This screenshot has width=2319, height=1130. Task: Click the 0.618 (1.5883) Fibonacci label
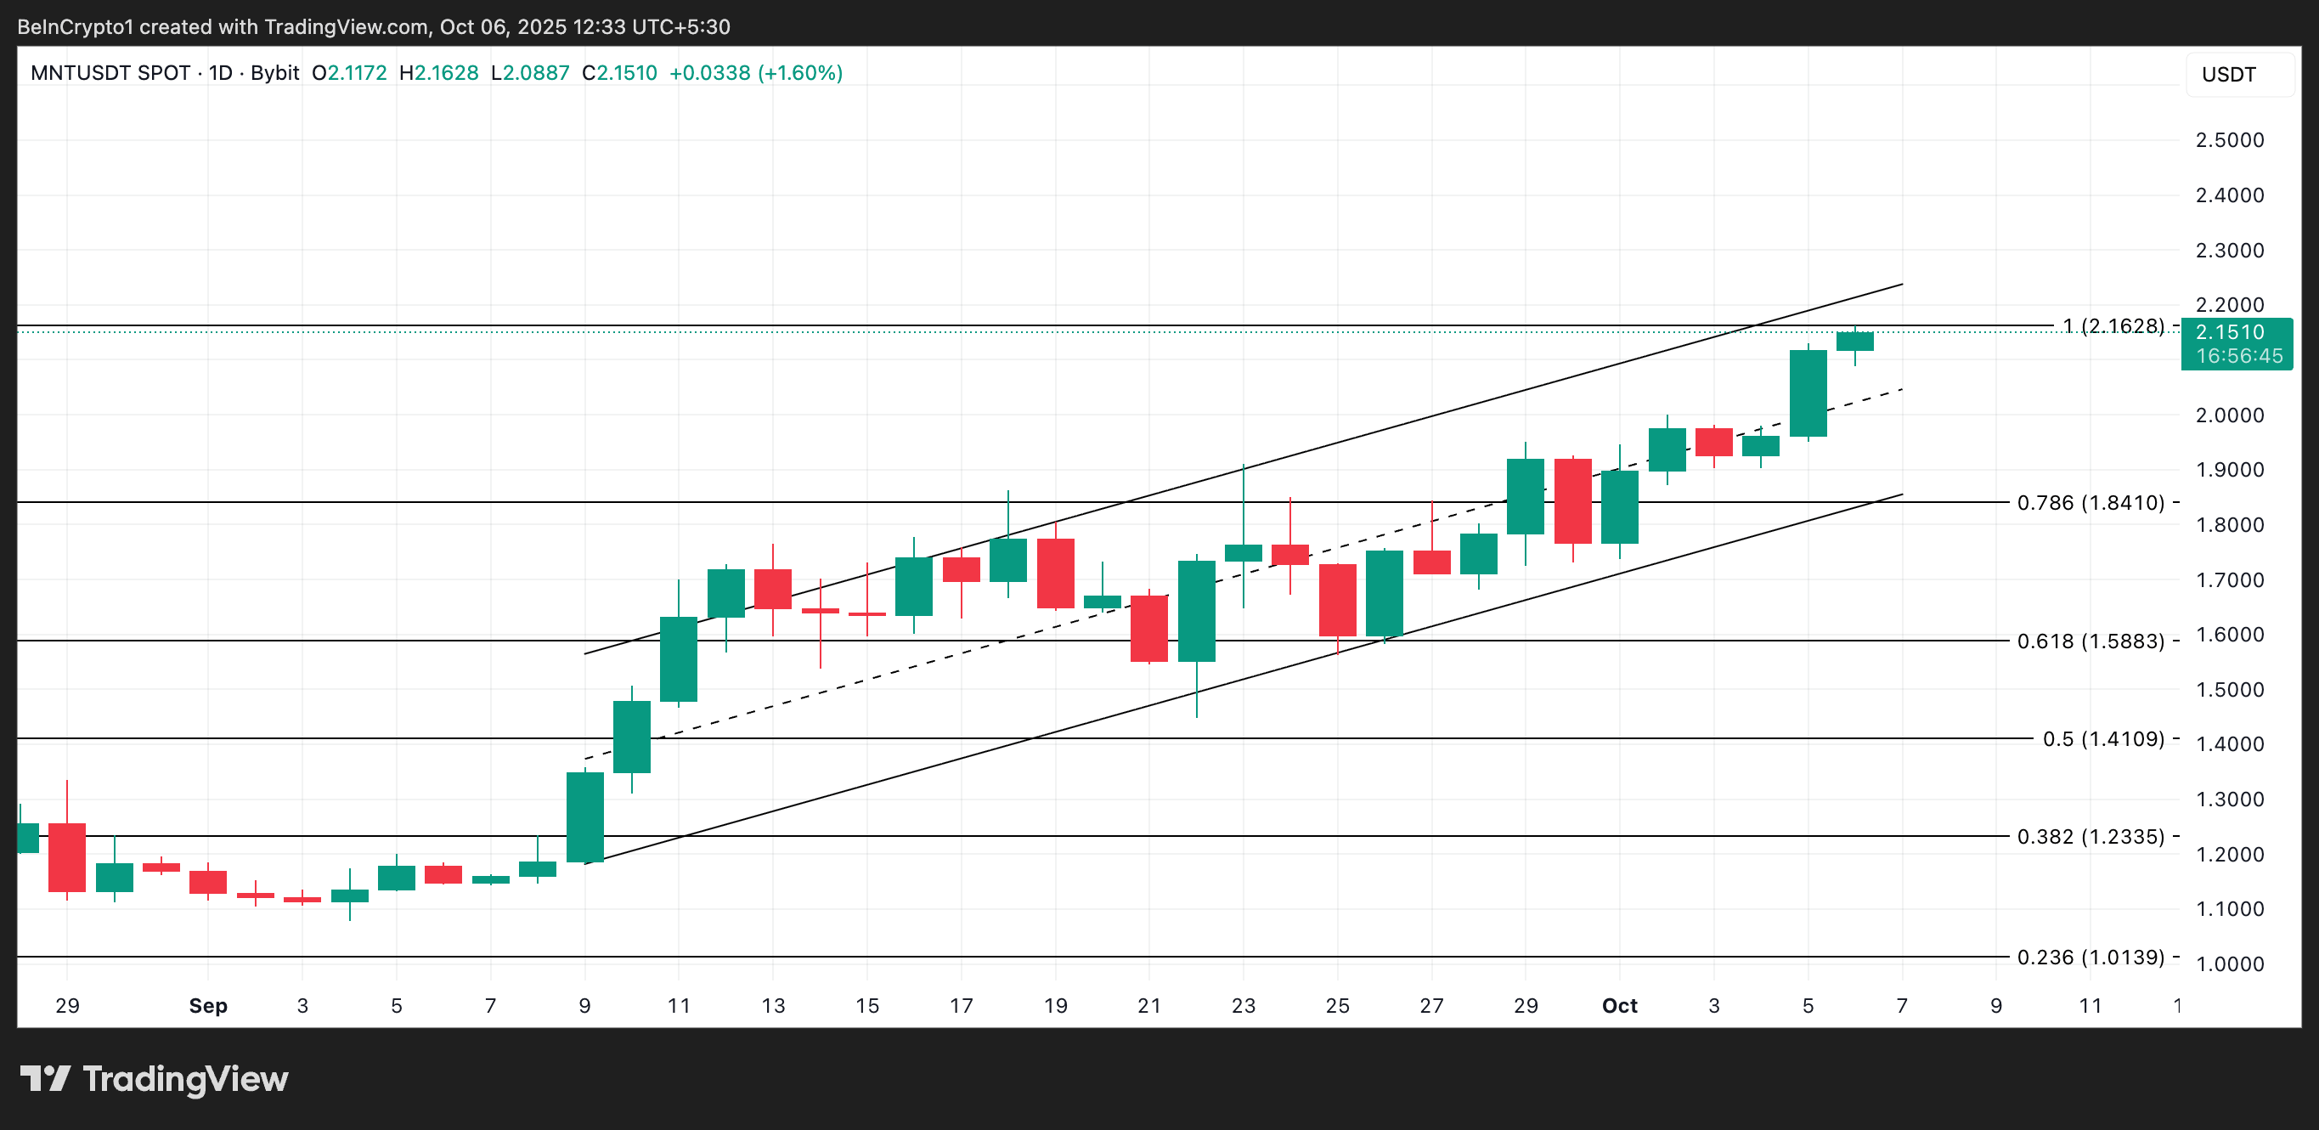tap(2090, 641)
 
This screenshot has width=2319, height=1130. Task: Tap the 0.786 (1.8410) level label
tap(2090, 502)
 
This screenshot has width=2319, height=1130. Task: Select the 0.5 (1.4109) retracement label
tap(2102, 739)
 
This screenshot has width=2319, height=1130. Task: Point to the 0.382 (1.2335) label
tap(2090, 837)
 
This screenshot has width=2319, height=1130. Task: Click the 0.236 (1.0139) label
tap(2090, 958)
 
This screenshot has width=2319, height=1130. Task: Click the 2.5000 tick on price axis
tap(2229, 140)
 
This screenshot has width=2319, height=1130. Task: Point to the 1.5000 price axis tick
tap(2229, 690)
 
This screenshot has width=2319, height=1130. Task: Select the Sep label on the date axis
tap(208, 1006)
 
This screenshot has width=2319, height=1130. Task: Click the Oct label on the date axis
tap(1618, 1006)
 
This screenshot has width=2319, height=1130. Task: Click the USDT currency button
tap(2229, 75)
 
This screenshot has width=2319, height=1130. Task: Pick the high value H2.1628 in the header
tap(438, 73)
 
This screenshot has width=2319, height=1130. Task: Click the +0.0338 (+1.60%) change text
tap(755, 73)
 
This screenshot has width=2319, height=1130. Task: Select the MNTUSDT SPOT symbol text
tap(110, 73)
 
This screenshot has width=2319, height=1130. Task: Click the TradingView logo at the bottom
tap(154, 1079)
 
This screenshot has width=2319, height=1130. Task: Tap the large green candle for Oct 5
tap(1808, 393)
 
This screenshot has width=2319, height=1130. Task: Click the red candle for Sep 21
tap(1148, 629)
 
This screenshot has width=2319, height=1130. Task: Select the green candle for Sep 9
tap(584, 816)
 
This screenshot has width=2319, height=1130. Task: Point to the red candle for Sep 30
tap(1571, 501)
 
